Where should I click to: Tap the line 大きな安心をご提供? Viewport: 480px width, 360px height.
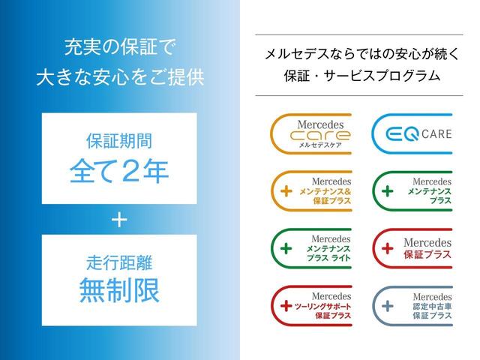(x=119, y=77)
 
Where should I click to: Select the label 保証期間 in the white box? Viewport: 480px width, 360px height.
(x=119, y=140)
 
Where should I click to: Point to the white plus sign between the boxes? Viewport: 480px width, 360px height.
(x=119, y=220)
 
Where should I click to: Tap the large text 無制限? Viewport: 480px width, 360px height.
(x=119, y=291)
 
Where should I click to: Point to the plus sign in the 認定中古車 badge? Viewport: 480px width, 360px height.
(x=387, y=306)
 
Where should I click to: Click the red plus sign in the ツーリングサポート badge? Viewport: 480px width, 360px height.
(x=285, y=306)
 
